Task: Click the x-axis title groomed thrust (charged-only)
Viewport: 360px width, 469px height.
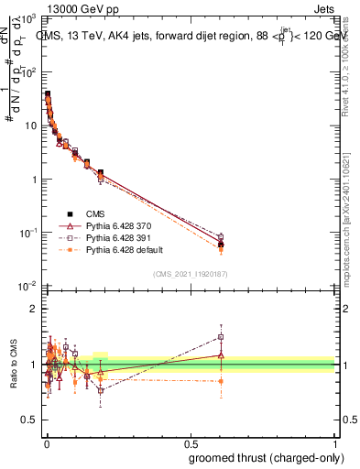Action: [x=267, y=457]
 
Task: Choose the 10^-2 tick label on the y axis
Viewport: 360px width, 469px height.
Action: [x=28, y=287]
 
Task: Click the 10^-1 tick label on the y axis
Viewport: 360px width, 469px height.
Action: [x=28, y=234]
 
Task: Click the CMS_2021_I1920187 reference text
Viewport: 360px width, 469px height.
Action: [x=189, y=273]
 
